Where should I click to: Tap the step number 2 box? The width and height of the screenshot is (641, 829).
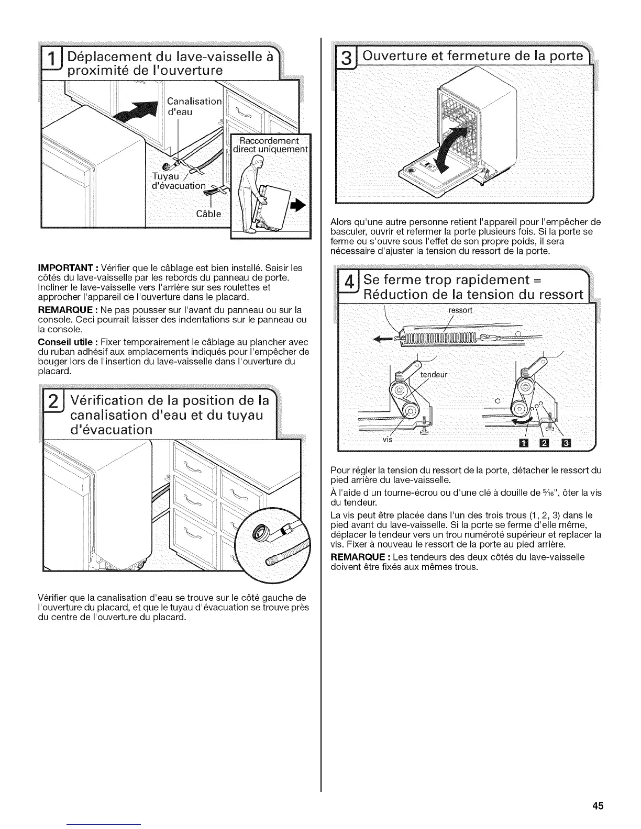53,405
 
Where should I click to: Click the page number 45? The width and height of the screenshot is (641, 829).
599,805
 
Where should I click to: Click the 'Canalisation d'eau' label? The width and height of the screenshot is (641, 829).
194,106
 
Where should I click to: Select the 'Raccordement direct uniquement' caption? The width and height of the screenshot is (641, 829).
271,144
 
